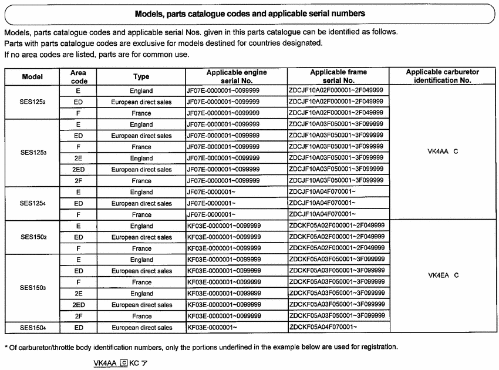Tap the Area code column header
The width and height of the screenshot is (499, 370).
coord(78,76)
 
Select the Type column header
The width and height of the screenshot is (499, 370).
coord(141,76)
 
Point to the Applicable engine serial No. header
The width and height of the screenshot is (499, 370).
coord(237,76)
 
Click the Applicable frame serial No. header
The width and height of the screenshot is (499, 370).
coord(338,76)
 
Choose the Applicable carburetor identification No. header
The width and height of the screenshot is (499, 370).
coord(442,76)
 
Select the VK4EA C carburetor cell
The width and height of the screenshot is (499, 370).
coord(443,275)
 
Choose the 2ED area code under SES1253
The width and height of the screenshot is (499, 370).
coord(78,170)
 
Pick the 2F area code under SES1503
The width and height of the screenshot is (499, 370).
coord(78,317)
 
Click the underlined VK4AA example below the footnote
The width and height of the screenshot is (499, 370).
coord(105,364)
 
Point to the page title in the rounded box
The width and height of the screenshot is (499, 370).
coord(249,13)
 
